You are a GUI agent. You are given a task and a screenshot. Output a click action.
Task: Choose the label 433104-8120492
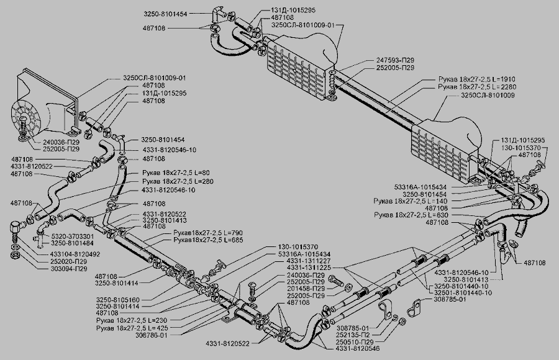[74, 254]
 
